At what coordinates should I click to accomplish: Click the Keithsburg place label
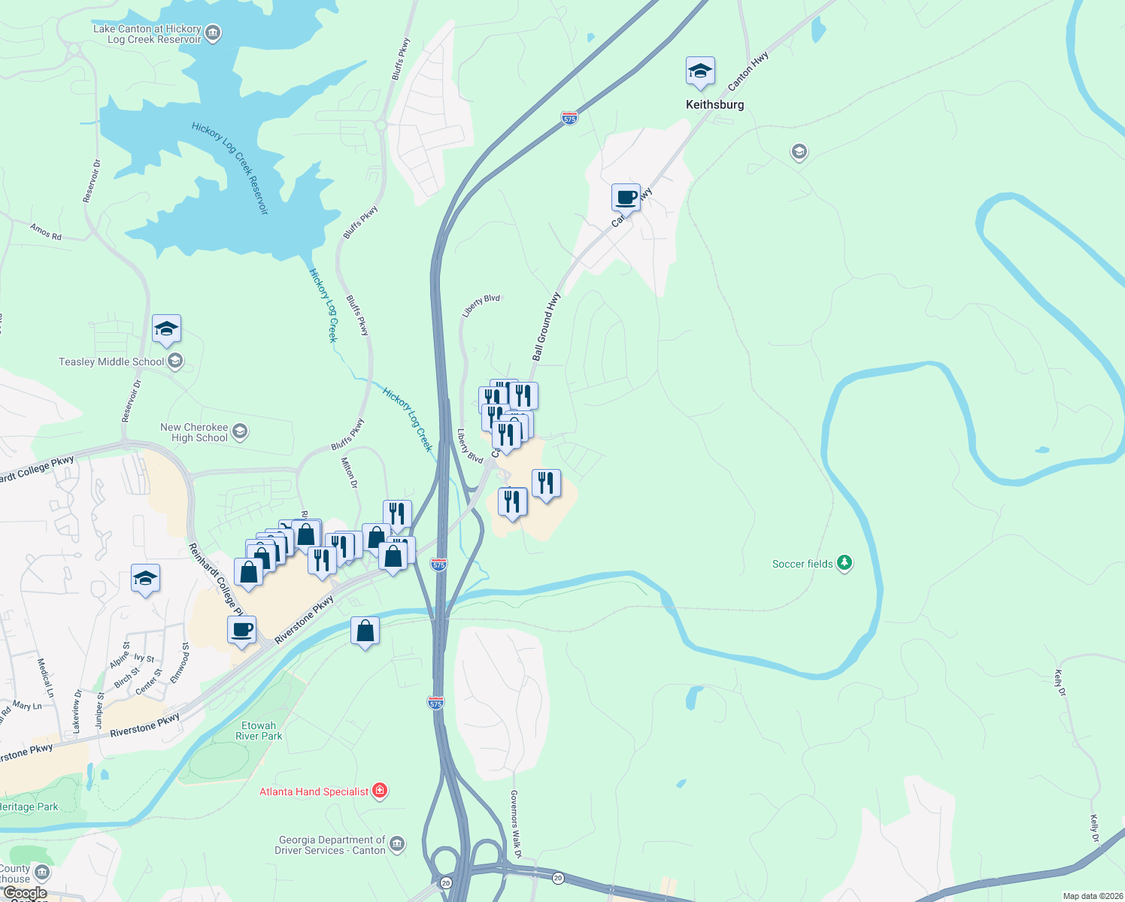coord(714,104)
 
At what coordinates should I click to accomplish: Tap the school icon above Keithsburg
coord(700,72)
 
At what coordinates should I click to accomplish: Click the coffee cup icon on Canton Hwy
coord(626,198)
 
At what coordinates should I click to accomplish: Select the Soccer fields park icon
coord(845,563)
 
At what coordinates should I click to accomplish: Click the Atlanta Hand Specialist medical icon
coord(380,791)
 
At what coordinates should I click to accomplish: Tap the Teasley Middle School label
coord(111,362)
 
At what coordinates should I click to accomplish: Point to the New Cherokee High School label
coord(194,432)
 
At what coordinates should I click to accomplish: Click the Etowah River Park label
coord(259,731)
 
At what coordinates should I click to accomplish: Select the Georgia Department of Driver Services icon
coord(397,844)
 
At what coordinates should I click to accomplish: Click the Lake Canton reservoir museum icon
coord(213,33)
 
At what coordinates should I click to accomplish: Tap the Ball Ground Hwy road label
coord(547,327)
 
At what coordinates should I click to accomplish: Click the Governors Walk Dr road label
coord(515,824)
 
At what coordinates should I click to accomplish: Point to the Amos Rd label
coord(46,232)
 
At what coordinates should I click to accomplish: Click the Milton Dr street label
coord(350,473)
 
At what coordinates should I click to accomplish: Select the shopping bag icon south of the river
coord(365,631)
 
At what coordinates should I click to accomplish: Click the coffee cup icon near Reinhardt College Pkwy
coord(241,630)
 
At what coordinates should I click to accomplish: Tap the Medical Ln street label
coord(46,677)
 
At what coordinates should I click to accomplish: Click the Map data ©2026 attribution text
coord(1091,896)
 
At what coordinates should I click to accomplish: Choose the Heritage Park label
coord(29,807)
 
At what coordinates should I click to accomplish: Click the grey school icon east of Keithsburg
coord(799,153)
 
